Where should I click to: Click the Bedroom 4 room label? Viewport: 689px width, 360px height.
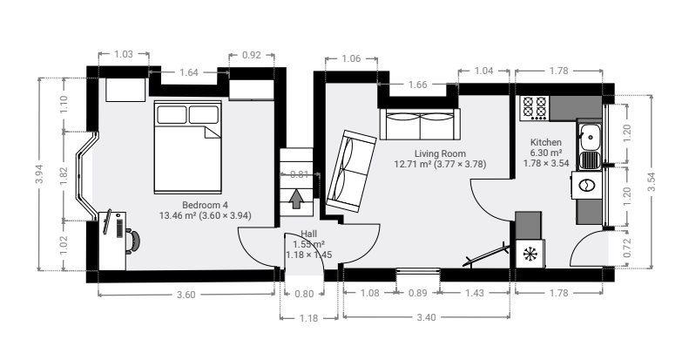point(205,205)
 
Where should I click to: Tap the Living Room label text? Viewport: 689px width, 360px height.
point(440,153)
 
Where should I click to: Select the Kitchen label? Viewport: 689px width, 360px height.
point(546,142)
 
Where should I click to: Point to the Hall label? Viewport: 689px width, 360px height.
point(308,234)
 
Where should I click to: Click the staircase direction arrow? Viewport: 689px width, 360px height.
point(297,198)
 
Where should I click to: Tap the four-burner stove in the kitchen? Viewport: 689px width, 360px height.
point(534,108)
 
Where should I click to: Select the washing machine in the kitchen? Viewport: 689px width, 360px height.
point(586,185)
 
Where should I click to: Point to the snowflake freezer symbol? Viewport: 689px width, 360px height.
point(530,254)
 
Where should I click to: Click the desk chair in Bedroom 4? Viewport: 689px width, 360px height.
point(132,241)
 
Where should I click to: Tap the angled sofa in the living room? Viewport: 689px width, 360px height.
point(351,171)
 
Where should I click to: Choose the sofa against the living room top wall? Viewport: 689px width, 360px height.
point(420,124)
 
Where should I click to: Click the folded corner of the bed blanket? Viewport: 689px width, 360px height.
point(212,132)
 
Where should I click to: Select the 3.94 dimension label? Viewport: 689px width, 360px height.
point(40,174)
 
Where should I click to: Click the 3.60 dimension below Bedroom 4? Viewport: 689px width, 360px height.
point(186,295)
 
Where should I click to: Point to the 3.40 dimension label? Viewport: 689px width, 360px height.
point(426,317)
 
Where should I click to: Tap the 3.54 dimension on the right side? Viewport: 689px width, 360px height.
point(652,181)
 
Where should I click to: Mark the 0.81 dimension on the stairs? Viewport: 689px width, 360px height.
point(300,174)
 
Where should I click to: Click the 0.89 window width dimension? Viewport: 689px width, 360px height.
point(417,293)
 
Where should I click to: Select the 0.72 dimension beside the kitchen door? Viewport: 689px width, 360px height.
point(627,248)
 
